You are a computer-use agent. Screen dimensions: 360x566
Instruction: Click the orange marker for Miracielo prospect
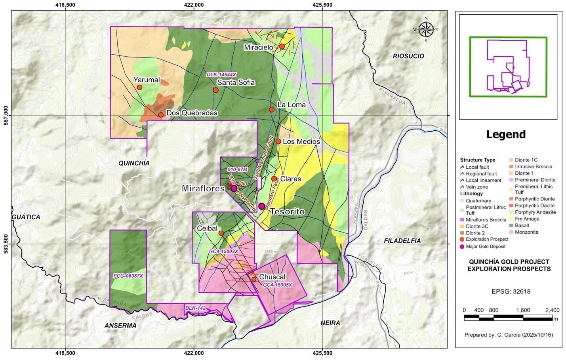pos(282,46)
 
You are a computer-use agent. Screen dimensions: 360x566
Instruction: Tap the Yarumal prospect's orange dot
pos(139,87)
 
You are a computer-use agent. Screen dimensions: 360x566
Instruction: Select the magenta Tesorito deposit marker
pos(261,206)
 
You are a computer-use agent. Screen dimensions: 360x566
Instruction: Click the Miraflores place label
pos(203,189)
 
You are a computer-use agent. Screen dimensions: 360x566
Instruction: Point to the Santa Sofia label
pos(236,82)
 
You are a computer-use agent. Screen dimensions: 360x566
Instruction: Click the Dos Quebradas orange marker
pos(161,115)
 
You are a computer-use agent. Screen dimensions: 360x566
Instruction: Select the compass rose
pos(426,29)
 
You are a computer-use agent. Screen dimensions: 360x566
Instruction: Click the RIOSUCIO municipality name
pos(408,56)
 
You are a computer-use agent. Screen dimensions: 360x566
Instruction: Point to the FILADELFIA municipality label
pos(402,240)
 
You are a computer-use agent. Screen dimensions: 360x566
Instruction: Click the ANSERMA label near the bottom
pos(120,326)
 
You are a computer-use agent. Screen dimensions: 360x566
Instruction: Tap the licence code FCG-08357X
pos(128,276)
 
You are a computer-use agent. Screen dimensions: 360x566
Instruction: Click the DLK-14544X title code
pos(221,74)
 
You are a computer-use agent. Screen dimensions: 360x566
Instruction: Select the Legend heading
pos(506,134)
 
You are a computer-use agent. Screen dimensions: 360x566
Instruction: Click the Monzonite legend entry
pos(526,232)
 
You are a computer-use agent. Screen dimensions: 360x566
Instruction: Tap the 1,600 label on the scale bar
pos(523,310)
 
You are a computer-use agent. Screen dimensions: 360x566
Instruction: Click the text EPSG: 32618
pos(511,291)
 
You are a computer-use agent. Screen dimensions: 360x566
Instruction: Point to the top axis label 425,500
pos(322,5)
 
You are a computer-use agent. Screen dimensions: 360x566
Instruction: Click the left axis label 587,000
pos(6,116)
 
